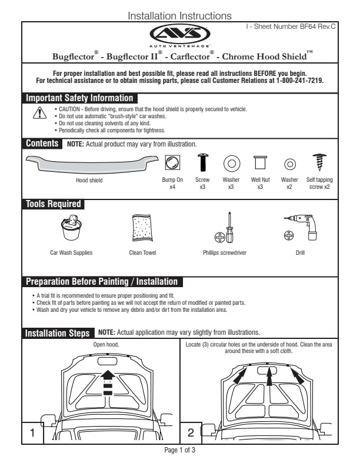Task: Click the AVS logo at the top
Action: (180, 34)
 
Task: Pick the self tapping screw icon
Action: (320, 162)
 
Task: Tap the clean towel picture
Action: (142, 228)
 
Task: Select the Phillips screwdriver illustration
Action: (226, 228)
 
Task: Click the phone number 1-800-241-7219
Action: (300, 81)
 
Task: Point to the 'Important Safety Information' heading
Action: (79, 98)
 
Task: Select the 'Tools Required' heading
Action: (53, 204)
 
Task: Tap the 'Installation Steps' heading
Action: (58, 333)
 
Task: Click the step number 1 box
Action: (34, 434)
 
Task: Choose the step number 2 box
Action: (190, 434)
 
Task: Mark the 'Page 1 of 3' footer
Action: (179, 451)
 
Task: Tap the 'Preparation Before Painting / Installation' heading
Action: (101, 282)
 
